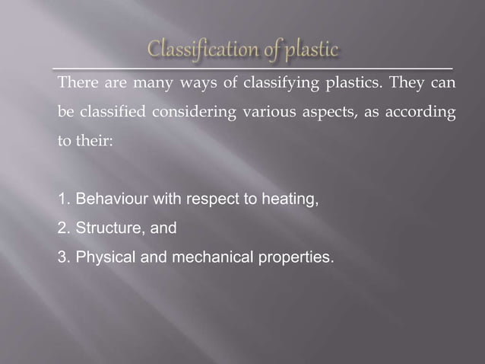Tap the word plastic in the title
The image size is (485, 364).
click(x=306, y=51)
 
